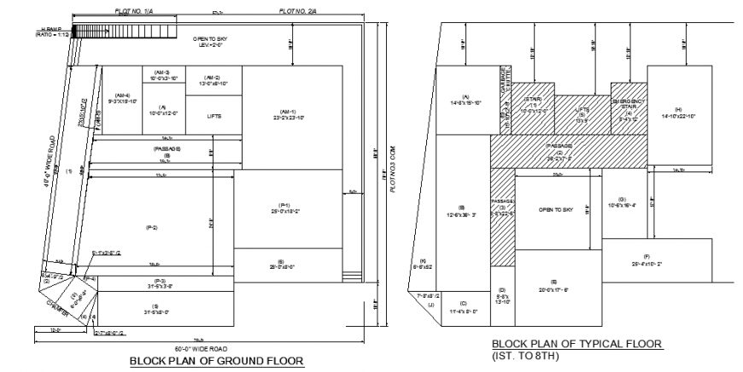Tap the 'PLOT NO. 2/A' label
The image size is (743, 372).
pyautogui.click(x=297, y=9)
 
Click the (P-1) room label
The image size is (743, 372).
pyautogui.click(x=286, y=207)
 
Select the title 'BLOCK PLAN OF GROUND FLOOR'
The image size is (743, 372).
pyautogui.click(x=216, y=361)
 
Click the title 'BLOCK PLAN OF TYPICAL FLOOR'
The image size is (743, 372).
pyautogui.click(x=577, y=344)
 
